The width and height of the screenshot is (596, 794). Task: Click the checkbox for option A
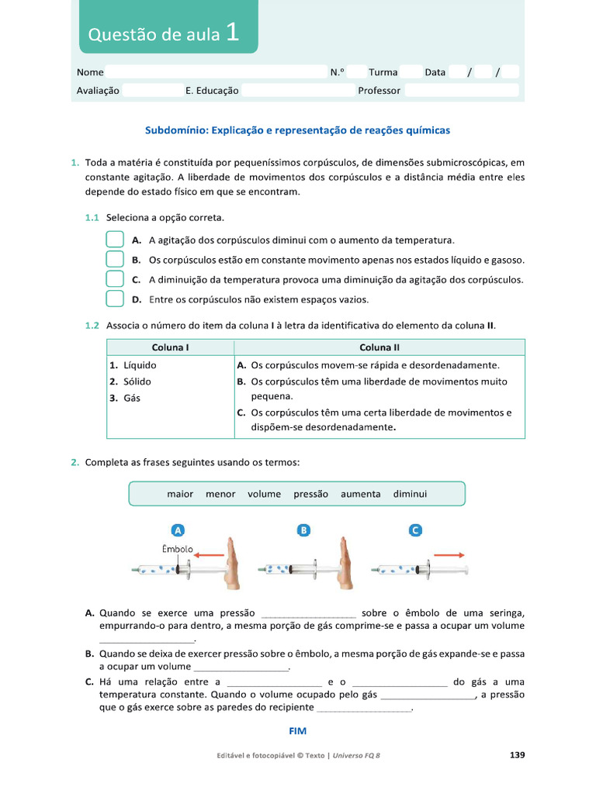(x=114, y=240)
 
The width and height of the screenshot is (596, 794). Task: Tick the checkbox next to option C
(x=114, y=279)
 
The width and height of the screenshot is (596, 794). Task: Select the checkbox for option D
(x=114, y=299)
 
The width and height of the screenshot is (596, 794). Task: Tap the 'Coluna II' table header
(x=379, y=347)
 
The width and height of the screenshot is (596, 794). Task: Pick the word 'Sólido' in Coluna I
(x=137, y=381)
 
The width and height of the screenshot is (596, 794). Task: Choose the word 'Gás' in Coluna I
(x=132, y=398)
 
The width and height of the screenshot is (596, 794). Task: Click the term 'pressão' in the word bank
(x=310, y=494)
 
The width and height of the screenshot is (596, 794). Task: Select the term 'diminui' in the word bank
(x=410, y=494)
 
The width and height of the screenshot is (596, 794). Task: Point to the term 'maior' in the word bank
(x=180, y=494)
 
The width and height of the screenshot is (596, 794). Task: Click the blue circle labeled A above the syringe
(x=178, y=530)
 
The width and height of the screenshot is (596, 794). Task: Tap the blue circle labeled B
(x=304, y=530)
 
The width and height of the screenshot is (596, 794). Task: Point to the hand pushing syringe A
(x=231, y=564)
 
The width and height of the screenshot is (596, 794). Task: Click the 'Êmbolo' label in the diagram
(x=177, y=548)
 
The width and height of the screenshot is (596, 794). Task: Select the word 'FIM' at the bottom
(x=298, y=730)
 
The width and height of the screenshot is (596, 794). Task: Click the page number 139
(x=517, y=754)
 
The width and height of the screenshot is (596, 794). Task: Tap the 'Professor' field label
(x=379, y=91)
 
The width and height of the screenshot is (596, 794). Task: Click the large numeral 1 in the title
(x=233, y=33)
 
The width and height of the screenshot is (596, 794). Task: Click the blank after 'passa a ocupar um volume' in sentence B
(x=240, y=667)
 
